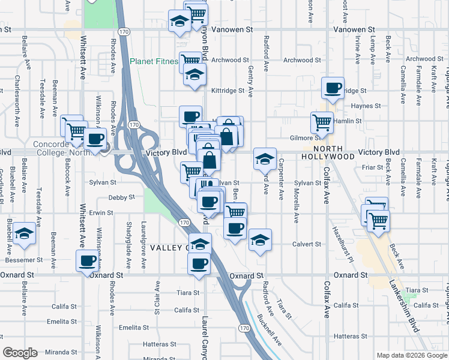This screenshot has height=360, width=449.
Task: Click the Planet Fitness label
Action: pos(155,61)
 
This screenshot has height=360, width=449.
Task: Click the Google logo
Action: pos(20,353)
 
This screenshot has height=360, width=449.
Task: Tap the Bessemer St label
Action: pos(23,260)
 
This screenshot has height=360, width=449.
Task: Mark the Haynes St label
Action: pos(362,106)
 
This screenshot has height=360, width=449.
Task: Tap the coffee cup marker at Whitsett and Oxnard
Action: pos(88,260)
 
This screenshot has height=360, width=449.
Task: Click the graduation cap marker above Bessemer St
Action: pos(24,234)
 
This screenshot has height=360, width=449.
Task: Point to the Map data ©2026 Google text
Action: pos(411,355)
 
